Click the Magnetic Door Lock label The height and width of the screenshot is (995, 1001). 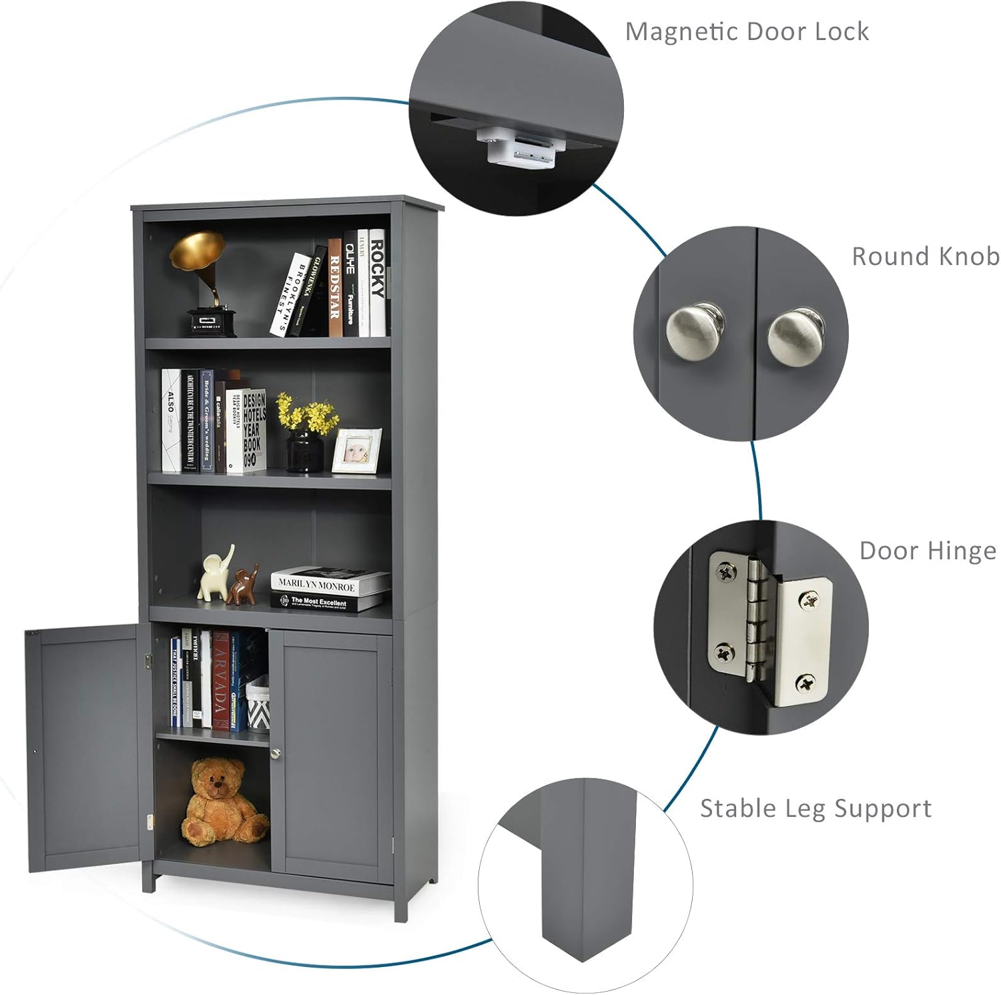pos(747,31)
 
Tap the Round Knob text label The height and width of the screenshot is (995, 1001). pos(925,256)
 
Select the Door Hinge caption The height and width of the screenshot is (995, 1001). pos(927,551)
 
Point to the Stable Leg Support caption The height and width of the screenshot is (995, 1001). pos(815,808)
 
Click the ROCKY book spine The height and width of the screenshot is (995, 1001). pos(378,284)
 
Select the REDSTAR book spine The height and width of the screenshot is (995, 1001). pos(335,287)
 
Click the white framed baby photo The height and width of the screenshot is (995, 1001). pos(356,450)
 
